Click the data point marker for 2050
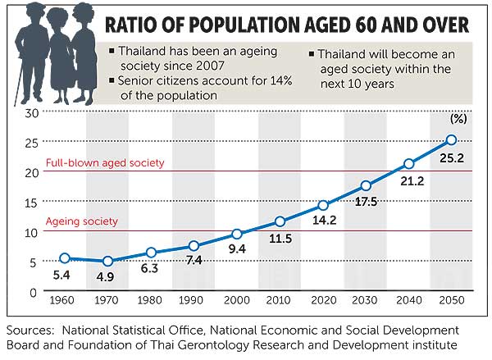click(x=451, y=140)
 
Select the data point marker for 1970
click(x=107, y=261)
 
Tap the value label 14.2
click(x=323, y=220)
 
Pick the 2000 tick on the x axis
click(x=237, y=300)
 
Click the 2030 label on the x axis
click(x=366, y=300)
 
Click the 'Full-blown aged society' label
click(x=104, y=163)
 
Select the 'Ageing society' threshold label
click(x=81, y=221)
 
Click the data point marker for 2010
click(x=280, y=221)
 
